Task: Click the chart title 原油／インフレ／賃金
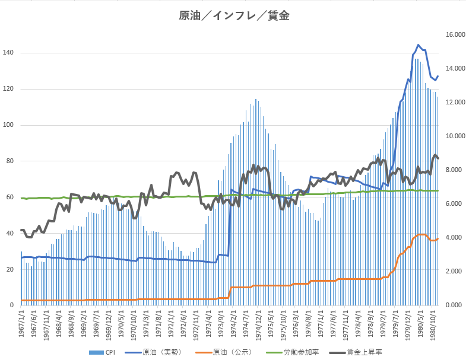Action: pyautogui.click(x=234, y=16)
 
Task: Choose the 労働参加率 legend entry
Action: pyautogui.click(x=296, y=352)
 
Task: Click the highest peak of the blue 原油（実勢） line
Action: pyautogui.click(x=419, y=45)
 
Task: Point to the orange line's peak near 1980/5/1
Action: pyautogui.click(x=421, y=234)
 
